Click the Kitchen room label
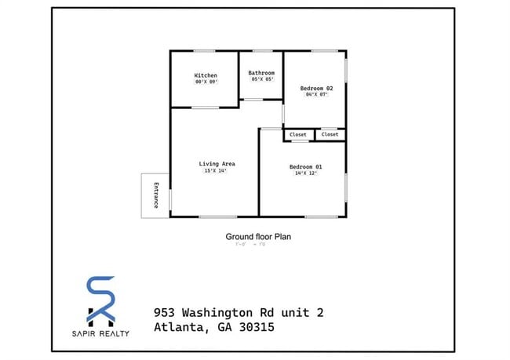[x=206, y=75]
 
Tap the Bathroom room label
[x=262, y=73]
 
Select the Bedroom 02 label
[x=317, y=89]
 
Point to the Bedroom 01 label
[x=305, y=167]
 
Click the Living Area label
[x=217, y=164]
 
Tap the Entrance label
[x=156, y=195]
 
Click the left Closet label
[x=298, y=134]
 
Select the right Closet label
[x=330, y=134]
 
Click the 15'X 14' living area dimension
[x=215, y=171]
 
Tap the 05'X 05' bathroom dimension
[x=262, y=79]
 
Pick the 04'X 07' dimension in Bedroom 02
[x=317, y=96]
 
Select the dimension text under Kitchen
[x=206, y=82]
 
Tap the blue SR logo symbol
[x=100, y=300]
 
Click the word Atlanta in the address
[x=180, y=328]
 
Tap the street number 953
[x=166, y=313]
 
